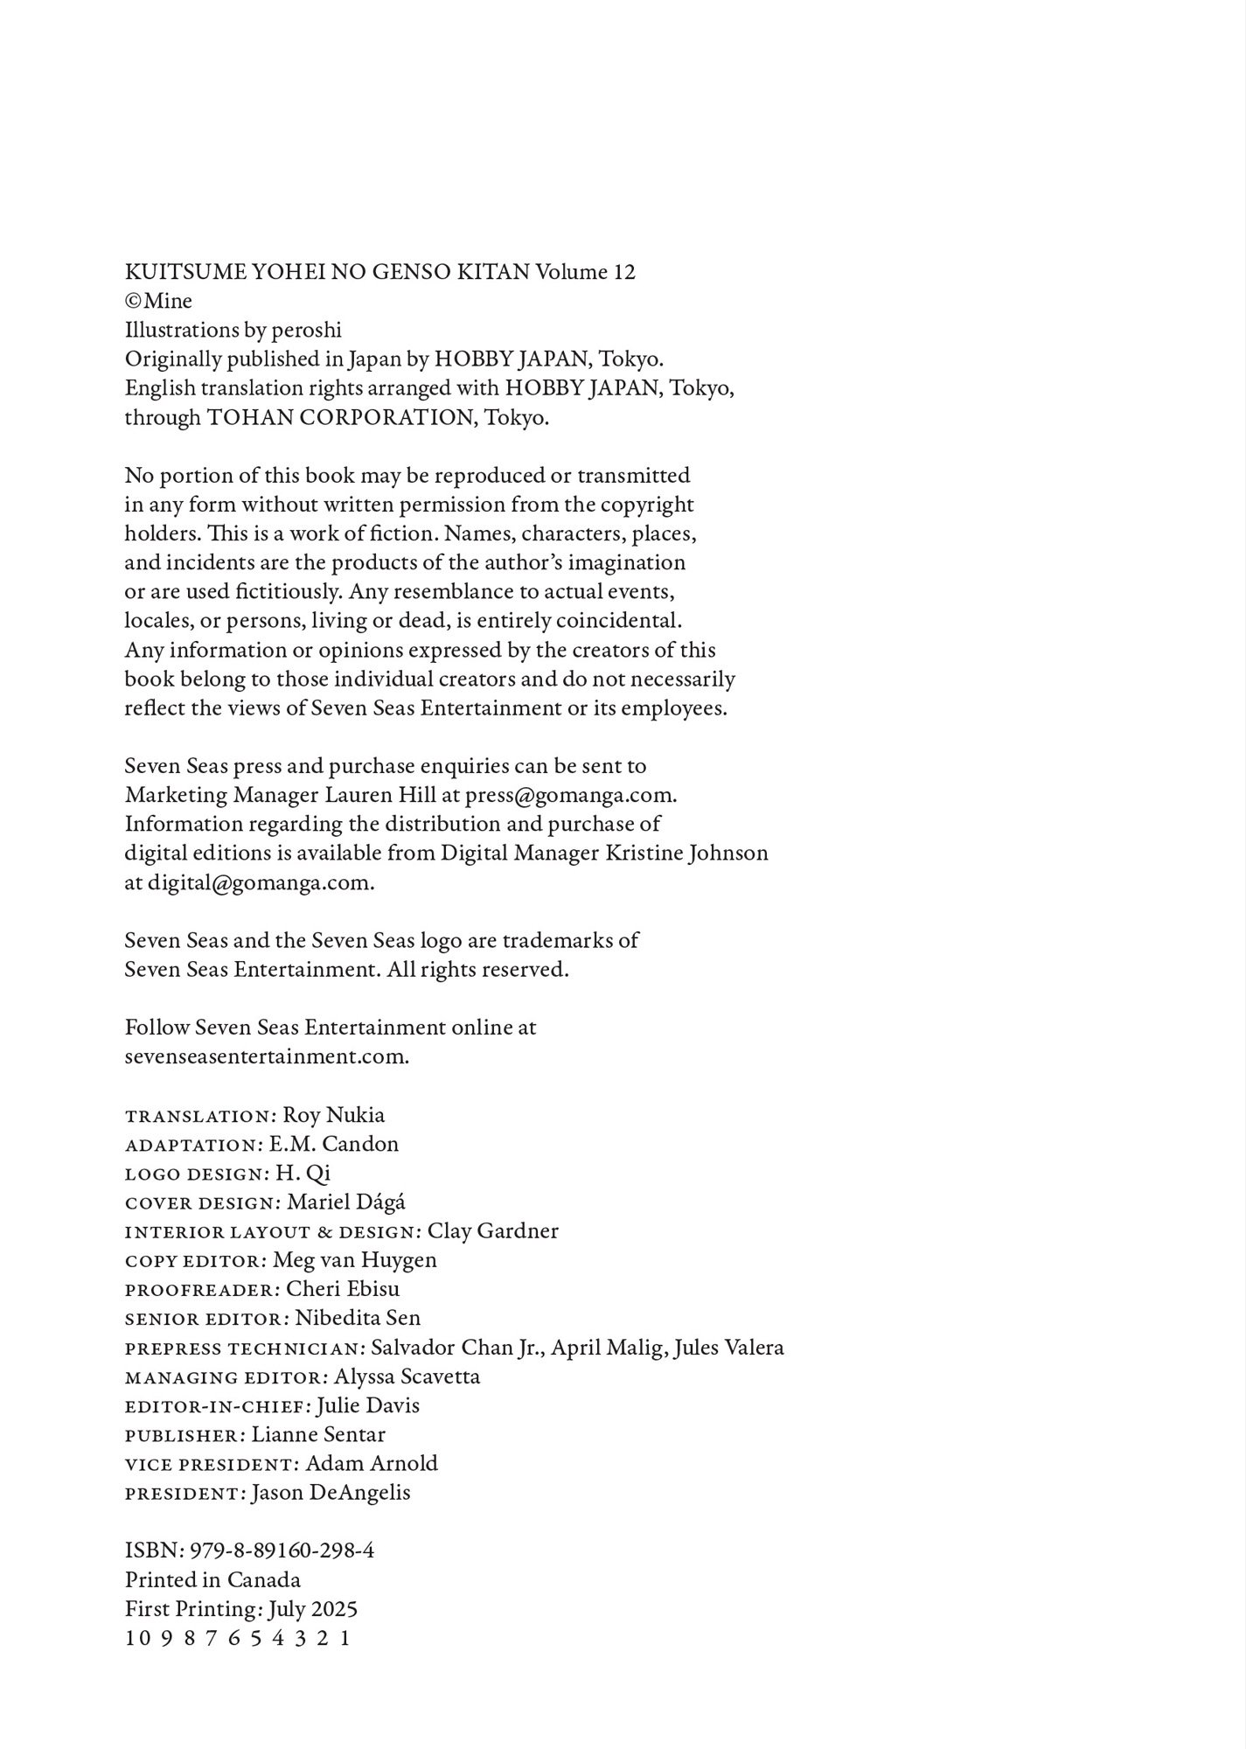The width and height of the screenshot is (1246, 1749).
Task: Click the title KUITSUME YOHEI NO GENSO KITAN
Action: pos(327,272)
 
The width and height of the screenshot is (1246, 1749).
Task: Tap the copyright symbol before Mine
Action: pos(133,301)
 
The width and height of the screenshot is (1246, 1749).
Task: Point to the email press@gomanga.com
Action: pos(570,795)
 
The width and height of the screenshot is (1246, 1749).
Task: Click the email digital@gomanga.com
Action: pos(260,882)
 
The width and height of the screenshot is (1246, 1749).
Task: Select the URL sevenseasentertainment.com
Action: pos(266,1056)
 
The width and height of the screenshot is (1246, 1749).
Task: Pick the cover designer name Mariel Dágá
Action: pos(346,1202)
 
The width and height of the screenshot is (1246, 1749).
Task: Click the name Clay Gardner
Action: pos(492,1231)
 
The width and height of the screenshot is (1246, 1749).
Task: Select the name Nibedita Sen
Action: pos(358,1318)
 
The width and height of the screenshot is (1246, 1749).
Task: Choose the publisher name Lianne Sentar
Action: pos(318,1435)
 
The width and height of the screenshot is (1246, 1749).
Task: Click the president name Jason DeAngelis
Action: pos(331,1493)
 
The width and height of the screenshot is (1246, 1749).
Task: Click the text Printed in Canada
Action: pos(212,1580)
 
